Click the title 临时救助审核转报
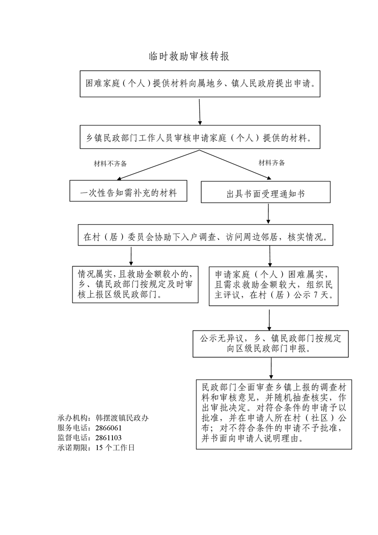click(189, 56)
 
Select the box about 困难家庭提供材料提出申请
click(199, 83)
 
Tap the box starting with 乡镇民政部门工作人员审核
click(199, 138)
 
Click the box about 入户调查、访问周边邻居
click(205, 237)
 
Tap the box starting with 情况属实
click(135, 284)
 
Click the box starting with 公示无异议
click(270, 344)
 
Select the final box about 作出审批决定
click(274, 414)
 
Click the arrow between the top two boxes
click(199, 111)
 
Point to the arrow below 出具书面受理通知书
click(269, 215)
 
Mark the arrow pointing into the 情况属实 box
click(131, 257)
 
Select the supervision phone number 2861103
click(109, 438)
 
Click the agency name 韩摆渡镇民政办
click(122, 418)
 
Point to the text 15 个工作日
click(115, 448)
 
